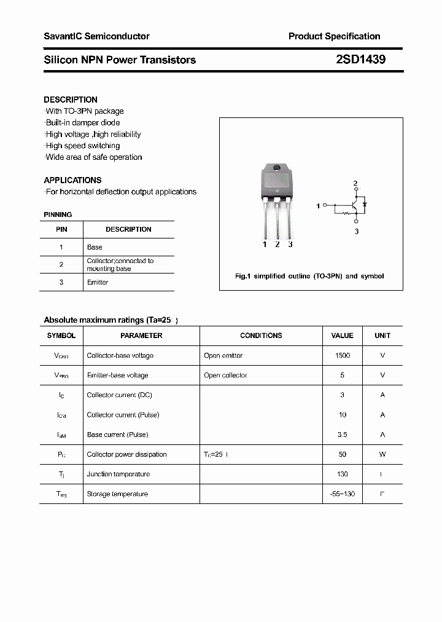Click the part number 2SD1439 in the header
pyautogui.click(x=360, y=60)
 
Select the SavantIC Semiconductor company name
pyautogui.click(x=96, y=36)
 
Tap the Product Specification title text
pyautogui.click(x=334, y=36)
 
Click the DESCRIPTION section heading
pyautogui.click(x=71, y=100)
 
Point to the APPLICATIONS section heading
pyautogui.click(x=72, y=180)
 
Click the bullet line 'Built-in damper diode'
pyautogui.click(x=83, y=123)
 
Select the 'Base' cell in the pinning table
pyautogui.click(x=95, y=247)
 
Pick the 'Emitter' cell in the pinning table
pyautogui.click(x=98, y=282)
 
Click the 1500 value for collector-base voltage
pyautogui.click(x=342, y=356)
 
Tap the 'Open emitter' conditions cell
pyautogui.click(x=223, y=356)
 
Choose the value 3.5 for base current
pyautogui.click(x=342, y=435)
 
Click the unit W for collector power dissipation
pyautogui.click(x=382, y=454)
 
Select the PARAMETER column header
pyautogui.click(x=141, y=336)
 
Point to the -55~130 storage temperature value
pyautogui.click(x=342, y=494)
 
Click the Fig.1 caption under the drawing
pyautogui.click(x=309, y=276)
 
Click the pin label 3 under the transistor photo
pyautogui.click(x=290, y=245)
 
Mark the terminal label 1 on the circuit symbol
pyautogui.click(x=318, y=207)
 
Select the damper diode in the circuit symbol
pyautogui.click(x=365, y=203)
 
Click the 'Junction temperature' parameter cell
pyautogui.click(x=118, y=474)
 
